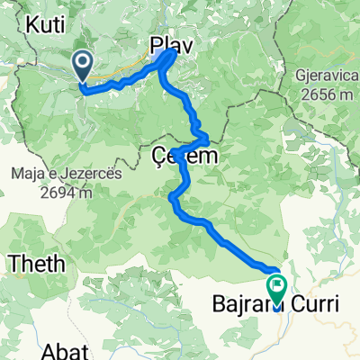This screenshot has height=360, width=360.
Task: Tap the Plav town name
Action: click(170, 45)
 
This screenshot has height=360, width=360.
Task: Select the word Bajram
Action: click(243, 305)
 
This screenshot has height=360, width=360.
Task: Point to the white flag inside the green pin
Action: click(275, 285)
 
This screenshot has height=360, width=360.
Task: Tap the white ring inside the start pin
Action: click(83, 61)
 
